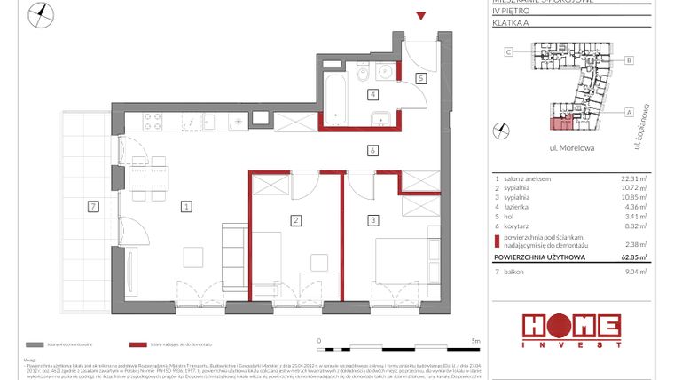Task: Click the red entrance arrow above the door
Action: coord(422,16)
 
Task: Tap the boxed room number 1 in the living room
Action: coord(186,207)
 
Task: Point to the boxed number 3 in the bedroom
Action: coord(374,219)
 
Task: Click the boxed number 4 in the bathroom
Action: coord(374,94)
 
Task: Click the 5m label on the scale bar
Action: coord(475,340)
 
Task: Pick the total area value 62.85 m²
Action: coord(633,257)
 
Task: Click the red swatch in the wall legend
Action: coord(137,344)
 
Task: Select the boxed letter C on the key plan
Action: coord(509,52)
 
